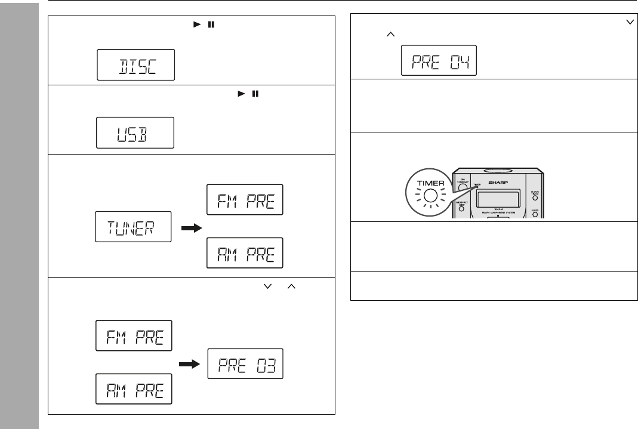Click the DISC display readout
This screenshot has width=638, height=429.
click(136, 65)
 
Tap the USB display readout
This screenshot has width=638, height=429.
click(136, 132)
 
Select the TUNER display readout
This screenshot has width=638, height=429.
click(133, 228)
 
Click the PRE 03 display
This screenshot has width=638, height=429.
click(245, 362)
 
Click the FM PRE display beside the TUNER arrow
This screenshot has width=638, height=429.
click(245, 200)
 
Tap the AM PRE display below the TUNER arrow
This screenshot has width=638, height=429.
click(245, 255)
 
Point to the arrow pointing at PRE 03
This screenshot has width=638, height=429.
click(189, 362)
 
